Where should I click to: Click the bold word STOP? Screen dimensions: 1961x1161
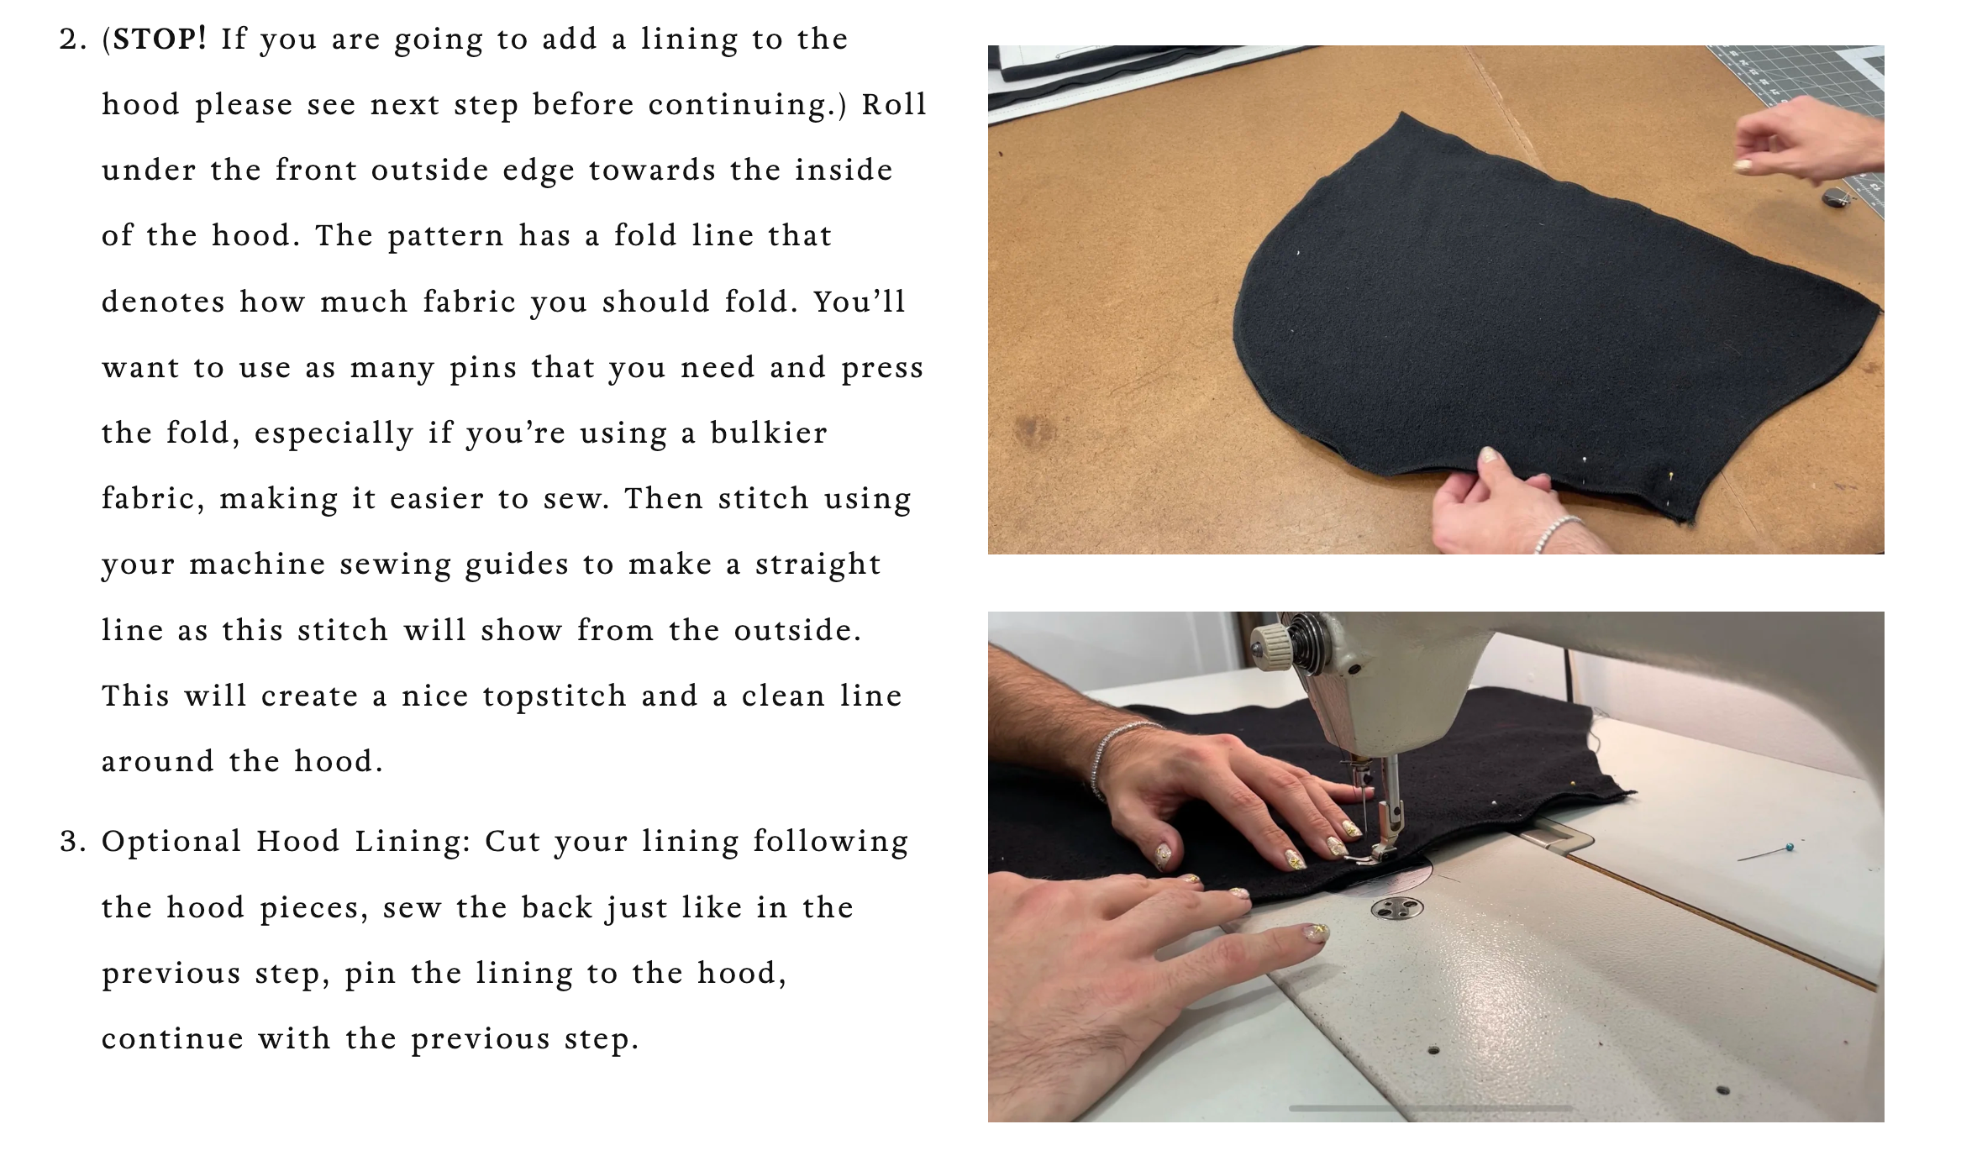click(160, 39)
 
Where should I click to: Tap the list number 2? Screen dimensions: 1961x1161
click(73, 39)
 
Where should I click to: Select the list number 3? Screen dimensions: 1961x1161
click(73, 842)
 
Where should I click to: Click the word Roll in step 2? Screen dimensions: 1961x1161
click(894, 104)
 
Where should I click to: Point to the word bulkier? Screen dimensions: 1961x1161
click(769, 433)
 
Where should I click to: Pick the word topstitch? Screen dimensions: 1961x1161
click(555, 696)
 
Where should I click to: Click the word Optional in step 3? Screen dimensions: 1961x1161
click(171, 842)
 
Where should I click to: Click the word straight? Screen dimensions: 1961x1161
click(818, 565)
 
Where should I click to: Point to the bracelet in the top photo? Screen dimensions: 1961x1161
click(1556, 533)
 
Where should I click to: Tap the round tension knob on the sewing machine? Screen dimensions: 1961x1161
click(1269, 646)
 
